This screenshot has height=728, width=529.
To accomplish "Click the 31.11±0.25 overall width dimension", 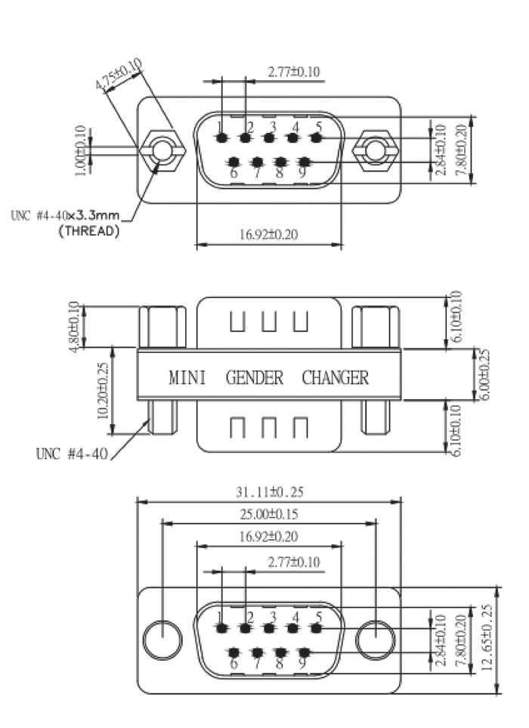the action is pyautogui.click(x=270, y=491).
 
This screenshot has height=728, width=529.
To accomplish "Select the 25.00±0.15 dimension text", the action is pyautogui.click(x=269, y=514).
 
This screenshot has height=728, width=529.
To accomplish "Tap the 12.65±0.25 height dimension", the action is pyautogui.click(x=487, y=637).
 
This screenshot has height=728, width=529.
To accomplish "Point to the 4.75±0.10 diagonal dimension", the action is pyautogui.click(x=119, y=74).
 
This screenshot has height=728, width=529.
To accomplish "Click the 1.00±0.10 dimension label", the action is pyautogui.click(x=80, y=150).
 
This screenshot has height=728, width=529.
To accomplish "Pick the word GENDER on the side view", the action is pyautogui.click(x=255, y=377).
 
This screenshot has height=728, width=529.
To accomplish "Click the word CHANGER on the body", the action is pyautogui.click(x=336, y=377).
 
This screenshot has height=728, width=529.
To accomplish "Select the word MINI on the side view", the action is pyautogui.click(x=187, y=377).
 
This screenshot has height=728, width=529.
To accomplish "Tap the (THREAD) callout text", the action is pyautogui.click(x=89, y=231).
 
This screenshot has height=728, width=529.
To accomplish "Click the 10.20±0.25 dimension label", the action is pyautogui.click(x=103, y=390).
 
